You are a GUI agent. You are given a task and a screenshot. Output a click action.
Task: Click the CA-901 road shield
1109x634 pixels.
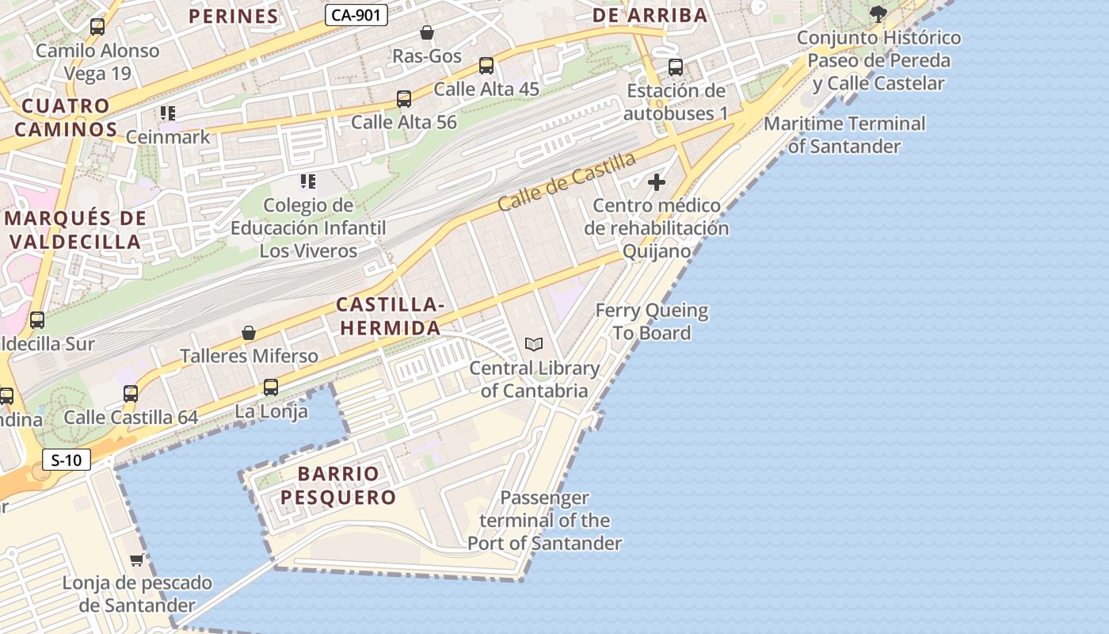(x=356, y=15)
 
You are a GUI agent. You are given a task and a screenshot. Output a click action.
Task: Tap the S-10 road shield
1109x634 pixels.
(x=67, y=460)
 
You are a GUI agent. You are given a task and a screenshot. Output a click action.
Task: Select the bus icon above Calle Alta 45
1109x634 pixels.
(x=486, y=66)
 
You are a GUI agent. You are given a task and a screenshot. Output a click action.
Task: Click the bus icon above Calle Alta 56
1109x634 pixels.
(x=404, y=99)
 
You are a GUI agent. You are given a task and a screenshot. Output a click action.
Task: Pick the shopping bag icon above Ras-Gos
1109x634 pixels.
(x=427, y=32)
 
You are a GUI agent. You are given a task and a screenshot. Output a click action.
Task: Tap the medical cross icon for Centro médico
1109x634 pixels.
(x=657, y=182)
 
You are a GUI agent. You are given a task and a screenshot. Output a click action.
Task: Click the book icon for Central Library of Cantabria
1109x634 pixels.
(x=535, y=345)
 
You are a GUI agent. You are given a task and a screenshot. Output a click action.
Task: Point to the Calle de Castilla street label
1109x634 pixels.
(x=566, y=181)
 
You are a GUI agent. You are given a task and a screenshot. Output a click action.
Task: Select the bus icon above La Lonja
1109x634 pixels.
(x=271, y=388)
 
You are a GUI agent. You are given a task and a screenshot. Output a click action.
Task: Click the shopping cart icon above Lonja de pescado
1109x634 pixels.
(x=136, y=560)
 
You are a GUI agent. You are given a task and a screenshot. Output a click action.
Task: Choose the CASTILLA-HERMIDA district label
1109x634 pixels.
(x=388, y=316)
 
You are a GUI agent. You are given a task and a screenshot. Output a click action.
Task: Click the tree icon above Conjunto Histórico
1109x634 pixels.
(x=878, y=13)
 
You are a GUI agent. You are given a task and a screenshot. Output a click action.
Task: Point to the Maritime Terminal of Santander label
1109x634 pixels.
(x=844, y=135)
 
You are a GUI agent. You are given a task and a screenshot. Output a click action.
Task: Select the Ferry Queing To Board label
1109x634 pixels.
(x=652, y=322)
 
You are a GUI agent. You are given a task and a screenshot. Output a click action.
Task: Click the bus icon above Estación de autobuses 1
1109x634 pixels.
(x=676, y=67)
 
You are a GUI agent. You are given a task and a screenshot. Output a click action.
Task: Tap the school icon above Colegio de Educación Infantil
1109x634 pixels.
(x=308, y=181)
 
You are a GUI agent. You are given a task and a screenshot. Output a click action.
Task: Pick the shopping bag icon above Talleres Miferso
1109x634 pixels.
(x=249, y=333)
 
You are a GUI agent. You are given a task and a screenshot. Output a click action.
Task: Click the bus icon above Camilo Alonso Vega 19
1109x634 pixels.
(x=97, y=27)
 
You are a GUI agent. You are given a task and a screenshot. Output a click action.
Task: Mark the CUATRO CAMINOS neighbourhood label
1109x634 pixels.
(x=67, y=117)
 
